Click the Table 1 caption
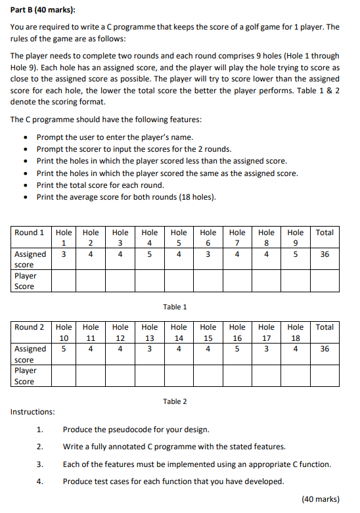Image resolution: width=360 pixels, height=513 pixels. point(175,307)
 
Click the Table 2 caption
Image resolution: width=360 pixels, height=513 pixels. point(175,401)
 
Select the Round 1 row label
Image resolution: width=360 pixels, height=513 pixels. point(30,233)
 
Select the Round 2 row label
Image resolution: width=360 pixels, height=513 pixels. point(30,327)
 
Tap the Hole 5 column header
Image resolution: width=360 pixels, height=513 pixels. point(179,238)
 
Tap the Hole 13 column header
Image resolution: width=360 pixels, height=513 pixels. point(150,332)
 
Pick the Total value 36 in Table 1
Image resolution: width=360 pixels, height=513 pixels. point(325,254)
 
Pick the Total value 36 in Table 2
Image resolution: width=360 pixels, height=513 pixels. point(325,349)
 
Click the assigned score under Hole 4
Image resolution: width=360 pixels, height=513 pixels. point(150,254)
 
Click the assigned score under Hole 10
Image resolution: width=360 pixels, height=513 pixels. point(64,349)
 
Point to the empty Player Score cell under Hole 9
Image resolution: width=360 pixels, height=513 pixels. point(296,281)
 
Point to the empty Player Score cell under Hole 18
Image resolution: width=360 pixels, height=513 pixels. point(296,376)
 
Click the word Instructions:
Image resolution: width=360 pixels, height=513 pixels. point(33,412)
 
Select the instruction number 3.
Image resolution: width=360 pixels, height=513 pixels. point(40,464)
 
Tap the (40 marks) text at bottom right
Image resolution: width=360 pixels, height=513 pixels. point(320,499)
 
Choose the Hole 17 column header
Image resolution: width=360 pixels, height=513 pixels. point(267,332)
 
